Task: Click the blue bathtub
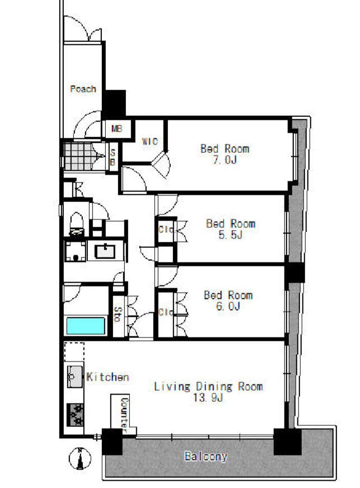coord(86,326)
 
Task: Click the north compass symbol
coord(80,458)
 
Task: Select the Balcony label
coord(206,456)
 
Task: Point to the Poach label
coord(83,89)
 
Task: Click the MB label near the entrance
coord(117,128)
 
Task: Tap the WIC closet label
coord(150,141)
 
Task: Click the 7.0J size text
coord(225,159)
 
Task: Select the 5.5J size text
coord(231,235)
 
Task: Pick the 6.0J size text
coord(228,306)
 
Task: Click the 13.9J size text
coord(208,397)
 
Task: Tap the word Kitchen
coord(107,377)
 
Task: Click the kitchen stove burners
coord(75,415)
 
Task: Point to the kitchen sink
coord(75,377)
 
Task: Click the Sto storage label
coord(118,315)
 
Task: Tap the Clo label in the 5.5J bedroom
coord(166,229)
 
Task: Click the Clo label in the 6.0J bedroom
coord(166,312)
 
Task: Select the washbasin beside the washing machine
coord(105,251)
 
